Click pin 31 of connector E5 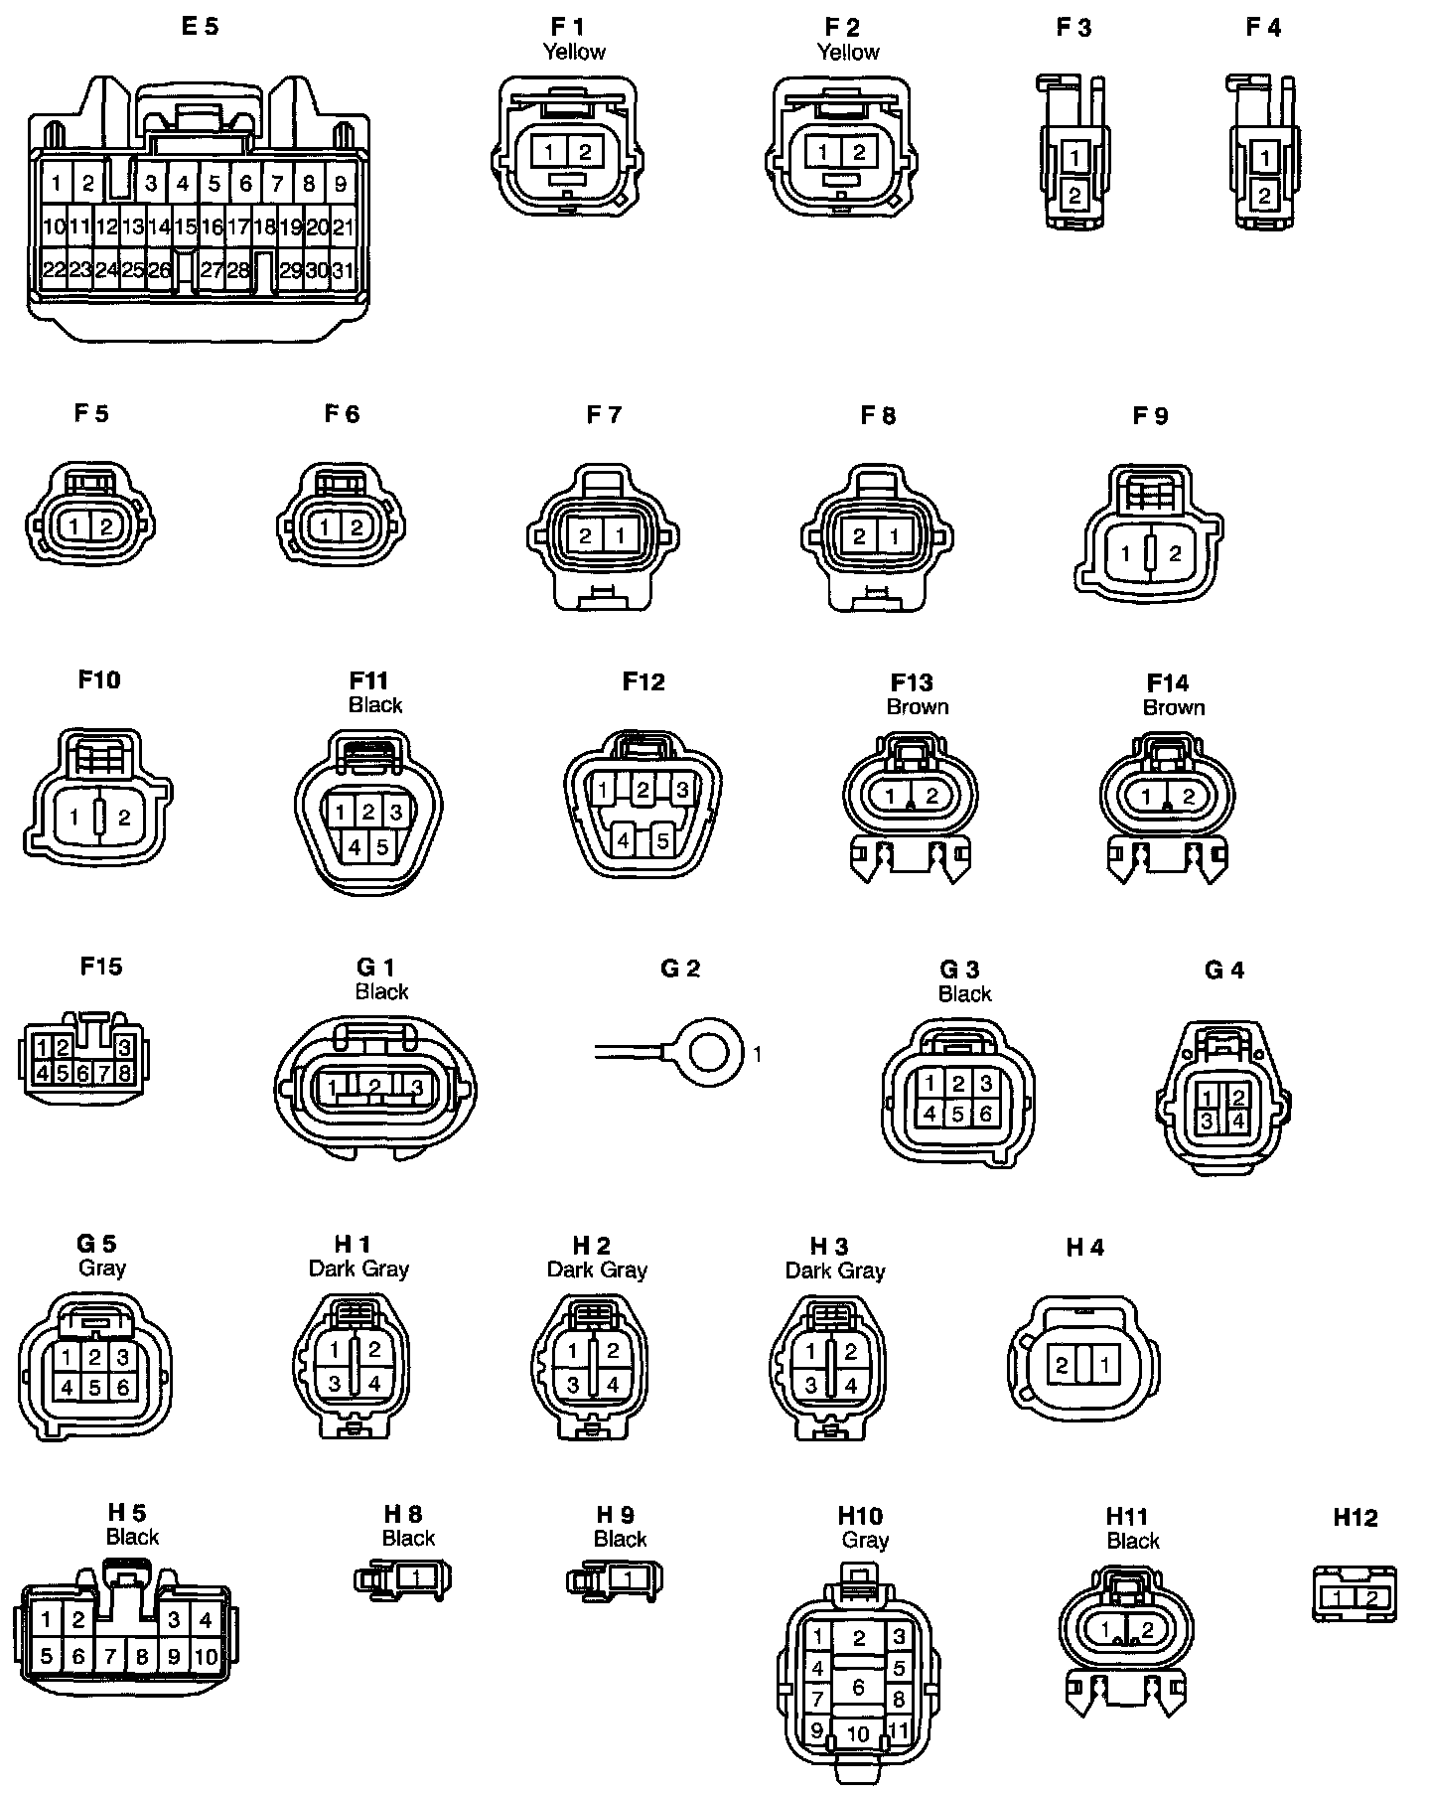(x=343, y=270)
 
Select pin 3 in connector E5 (x=151, y=183)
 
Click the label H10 (x=860, y=1516)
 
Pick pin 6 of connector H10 (x=858, y=1686)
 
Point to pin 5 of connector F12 (x=662, y=840)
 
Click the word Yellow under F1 (x=574, y=52)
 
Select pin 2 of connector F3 (x=1074, y=196)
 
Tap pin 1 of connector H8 (x=417, y=1577)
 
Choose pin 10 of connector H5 (x=206, y=1656)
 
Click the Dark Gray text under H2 (x=597, y=1270)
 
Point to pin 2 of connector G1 (x=374, y=1086)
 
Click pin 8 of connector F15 (x=124, y=1073)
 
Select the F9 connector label (x=1150, y=415)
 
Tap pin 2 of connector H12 (x=1371, y=1598)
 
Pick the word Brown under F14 (x=1174, y=707)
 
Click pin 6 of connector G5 (x=122, y=1387)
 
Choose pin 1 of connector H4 (x=1104, y=1365)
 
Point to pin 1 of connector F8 (x=894, y=536)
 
